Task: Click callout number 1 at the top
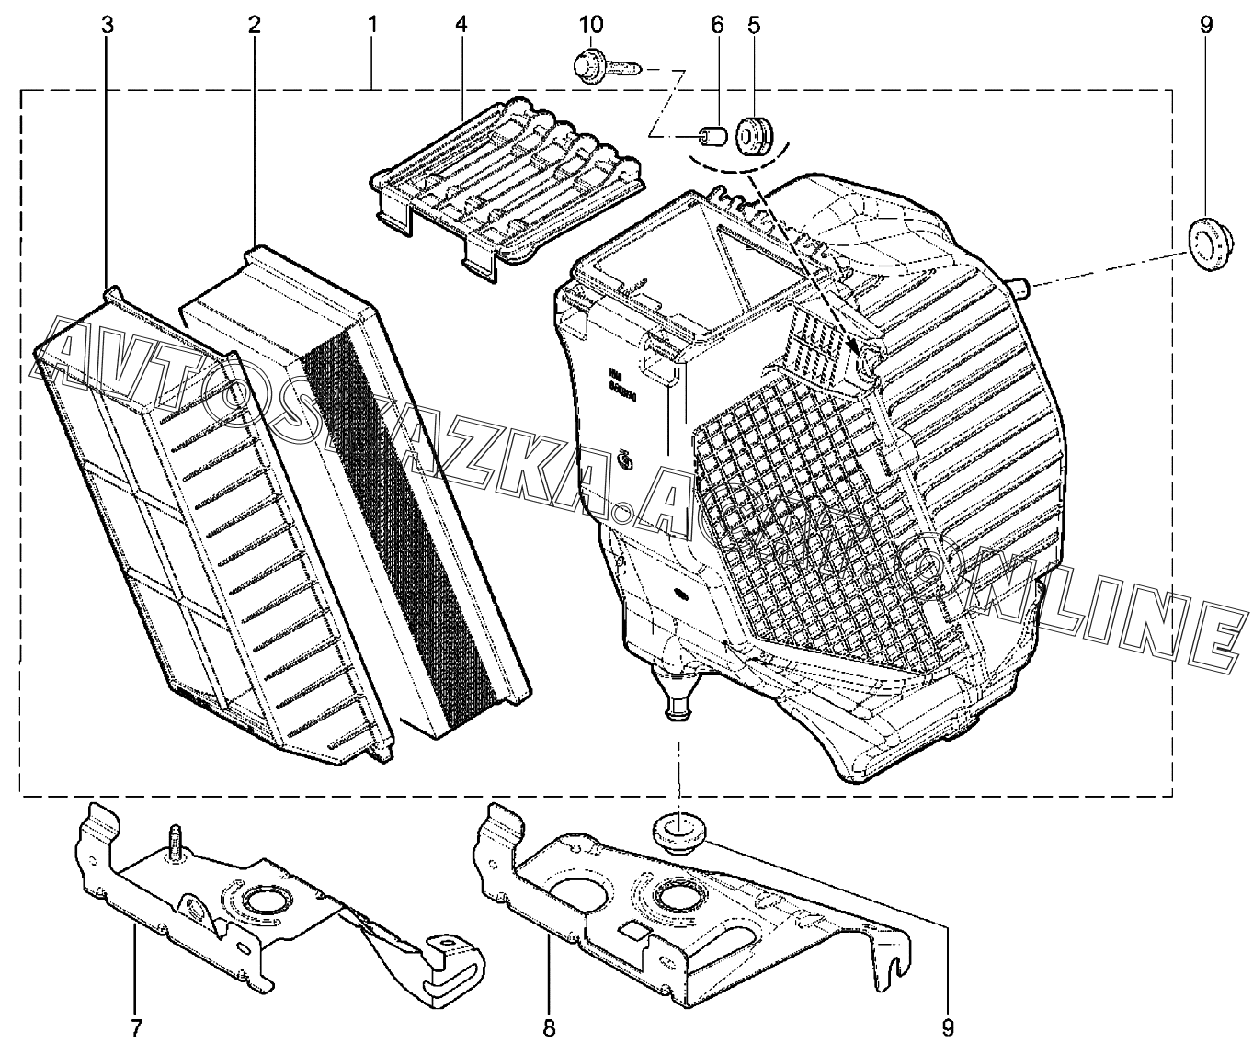372,25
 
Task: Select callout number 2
254,25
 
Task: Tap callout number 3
108,25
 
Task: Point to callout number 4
461,25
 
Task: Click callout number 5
754,25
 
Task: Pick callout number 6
718,25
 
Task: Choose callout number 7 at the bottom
135,1026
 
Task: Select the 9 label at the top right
1205,25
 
